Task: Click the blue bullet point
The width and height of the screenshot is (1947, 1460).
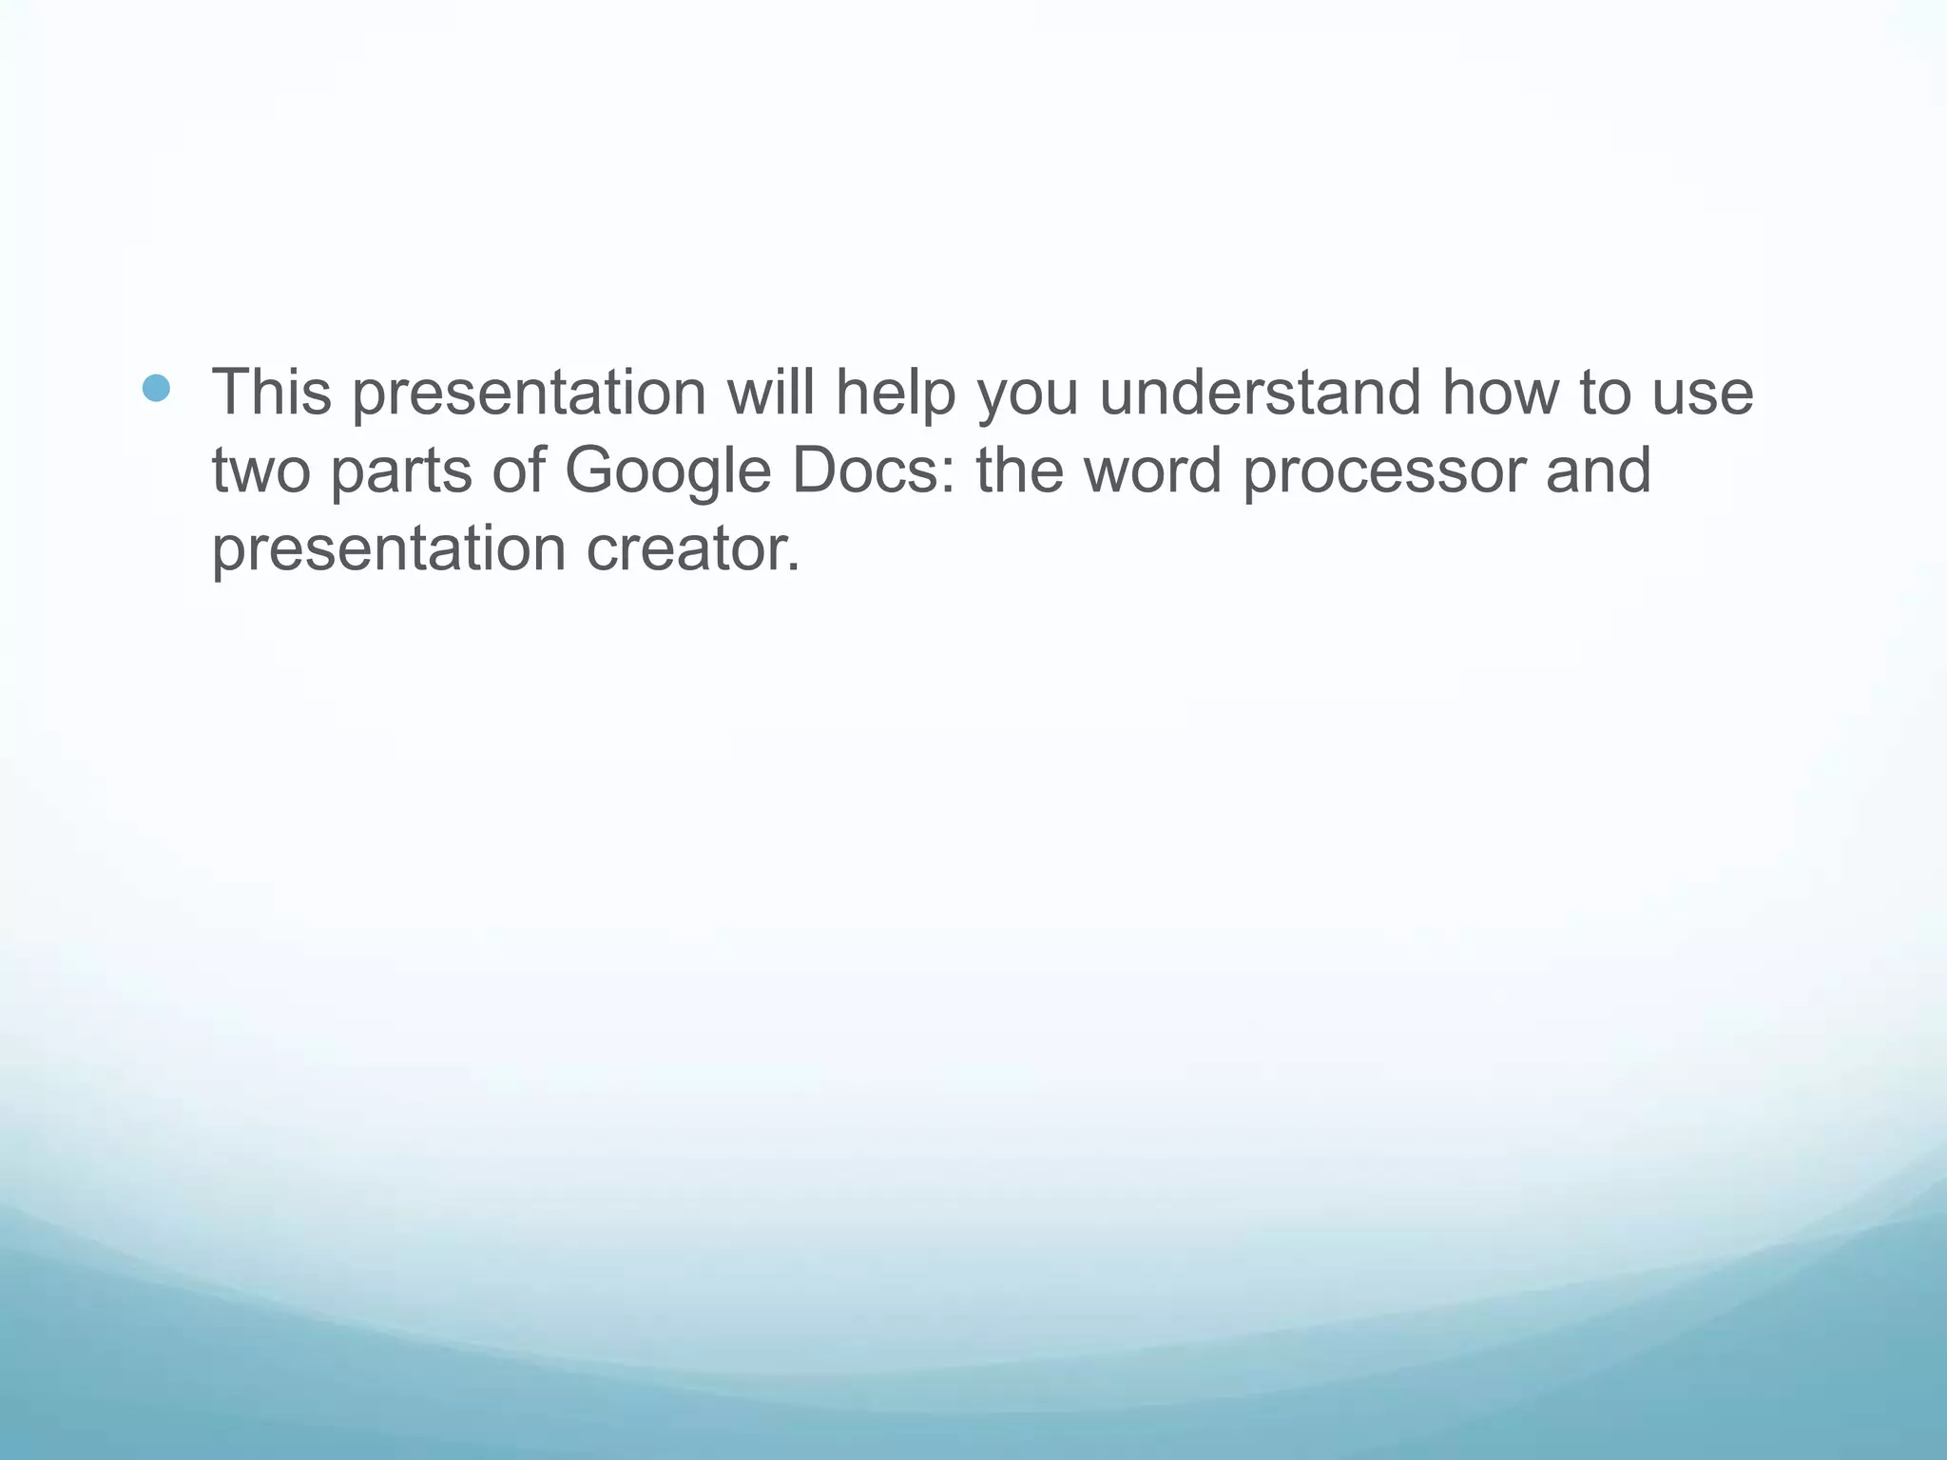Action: [156, 388]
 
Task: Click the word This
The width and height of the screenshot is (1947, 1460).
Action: [271, 392]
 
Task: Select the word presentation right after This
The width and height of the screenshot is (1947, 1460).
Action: [529, 394]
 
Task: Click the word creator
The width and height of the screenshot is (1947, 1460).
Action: [692, 550]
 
